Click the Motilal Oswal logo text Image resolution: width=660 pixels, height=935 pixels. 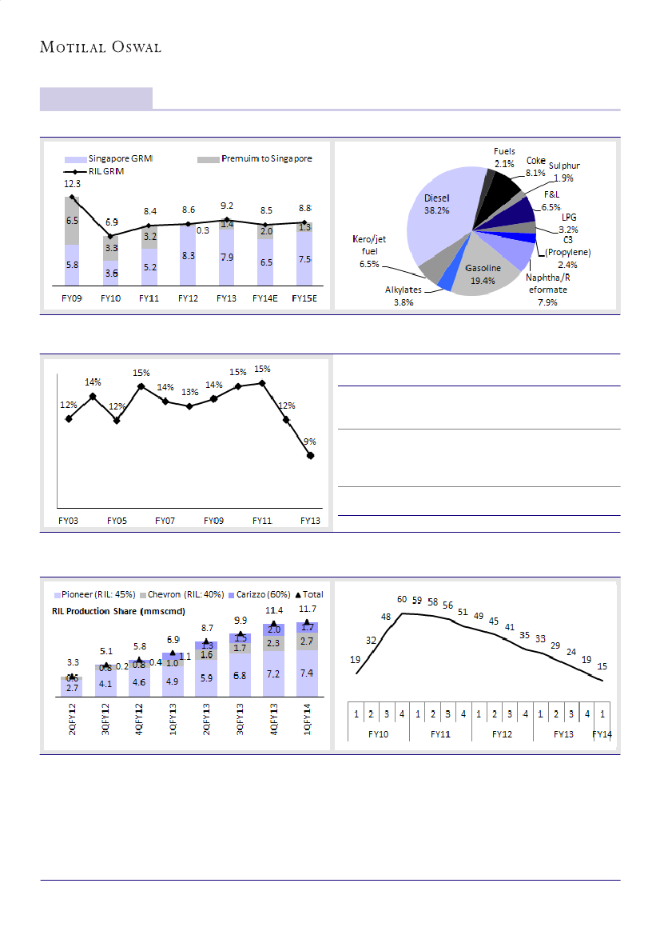pos(101,47)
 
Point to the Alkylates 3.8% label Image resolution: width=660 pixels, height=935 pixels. pos(404,296)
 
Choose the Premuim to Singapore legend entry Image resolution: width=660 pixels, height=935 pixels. pos(256,158)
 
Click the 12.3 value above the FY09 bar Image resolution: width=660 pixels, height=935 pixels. pos(72,183)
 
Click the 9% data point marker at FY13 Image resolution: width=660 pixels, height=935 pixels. pos(310,456)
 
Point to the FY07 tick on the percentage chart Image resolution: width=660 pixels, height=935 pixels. pos(165,521)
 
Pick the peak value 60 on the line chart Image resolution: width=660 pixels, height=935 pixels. pos(402,599)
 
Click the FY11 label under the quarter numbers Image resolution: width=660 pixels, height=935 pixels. pos(441,733)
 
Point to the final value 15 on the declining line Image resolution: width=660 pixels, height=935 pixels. pos(602,666)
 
